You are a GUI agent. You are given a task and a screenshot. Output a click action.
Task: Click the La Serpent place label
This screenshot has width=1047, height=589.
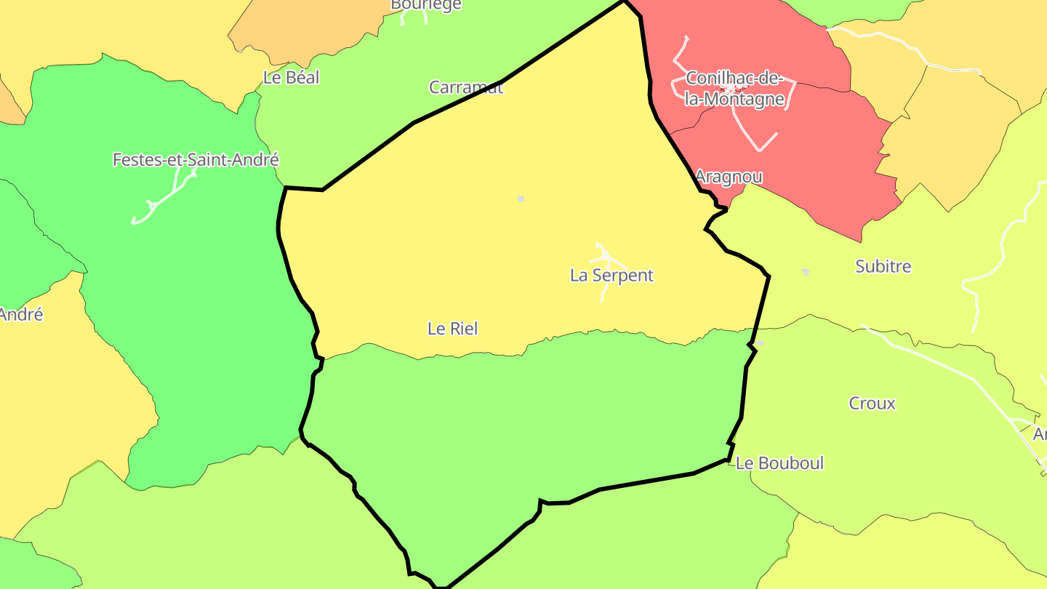611,276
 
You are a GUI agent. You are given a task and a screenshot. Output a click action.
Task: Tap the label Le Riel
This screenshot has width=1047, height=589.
452,329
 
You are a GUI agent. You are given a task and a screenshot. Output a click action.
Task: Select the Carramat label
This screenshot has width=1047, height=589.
465,87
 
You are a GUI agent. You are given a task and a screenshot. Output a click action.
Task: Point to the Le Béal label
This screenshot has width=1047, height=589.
291,78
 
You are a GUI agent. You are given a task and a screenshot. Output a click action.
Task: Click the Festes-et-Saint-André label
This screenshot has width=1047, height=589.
196,160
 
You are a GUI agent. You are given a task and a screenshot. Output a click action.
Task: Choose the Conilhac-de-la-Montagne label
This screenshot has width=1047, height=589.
734,89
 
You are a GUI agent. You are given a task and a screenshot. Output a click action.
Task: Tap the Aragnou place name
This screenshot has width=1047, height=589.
729,177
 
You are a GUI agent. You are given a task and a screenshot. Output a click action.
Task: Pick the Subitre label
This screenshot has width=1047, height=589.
883,267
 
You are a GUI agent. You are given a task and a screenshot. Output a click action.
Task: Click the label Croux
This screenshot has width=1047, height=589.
872,404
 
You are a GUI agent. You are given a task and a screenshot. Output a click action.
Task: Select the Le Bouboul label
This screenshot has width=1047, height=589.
779,463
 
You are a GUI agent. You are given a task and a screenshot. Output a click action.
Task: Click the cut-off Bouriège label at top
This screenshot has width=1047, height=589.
426,5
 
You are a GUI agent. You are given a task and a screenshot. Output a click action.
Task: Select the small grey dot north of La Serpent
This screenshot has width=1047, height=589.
521,199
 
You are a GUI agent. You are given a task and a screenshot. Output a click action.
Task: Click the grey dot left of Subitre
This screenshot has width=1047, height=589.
805,272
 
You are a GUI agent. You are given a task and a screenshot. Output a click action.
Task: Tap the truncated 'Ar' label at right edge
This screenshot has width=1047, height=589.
1040,435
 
